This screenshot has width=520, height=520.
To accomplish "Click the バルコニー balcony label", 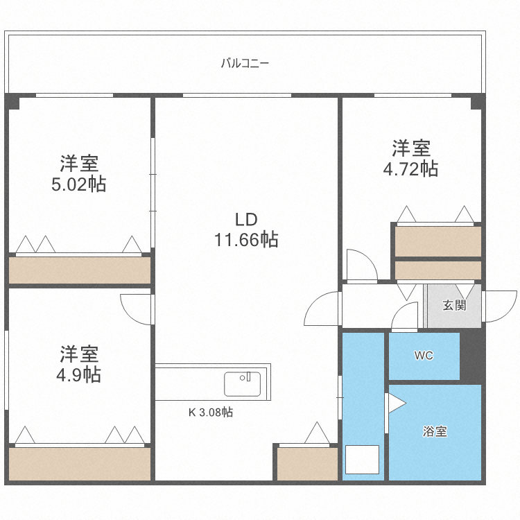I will (245, 63).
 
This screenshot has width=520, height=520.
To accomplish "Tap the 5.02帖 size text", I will (79, 185).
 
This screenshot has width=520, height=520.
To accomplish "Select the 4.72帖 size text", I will (411, 168).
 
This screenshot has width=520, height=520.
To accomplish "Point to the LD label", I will (246, 220).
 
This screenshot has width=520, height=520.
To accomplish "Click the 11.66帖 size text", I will (246, 241).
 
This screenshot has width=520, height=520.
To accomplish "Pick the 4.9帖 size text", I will (79, 375).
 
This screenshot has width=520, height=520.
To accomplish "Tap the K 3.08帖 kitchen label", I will (211, 412).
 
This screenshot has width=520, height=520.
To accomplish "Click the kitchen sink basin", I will (242, 384).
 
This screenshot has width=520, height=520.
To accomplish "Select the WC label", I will (424, 356).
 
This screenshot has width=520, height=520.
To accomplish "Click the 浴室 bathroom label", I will (435, 431).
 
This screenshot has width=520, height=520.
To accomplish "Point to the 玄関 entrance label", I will (454, 305).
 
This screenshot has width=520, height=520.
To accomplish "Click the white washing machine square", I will (362, 460).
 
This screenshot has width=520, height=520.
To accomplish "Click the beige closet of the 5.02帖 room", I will (80, 270).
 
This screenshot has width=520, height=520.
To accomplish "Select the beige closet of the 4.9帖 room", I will (80, 462).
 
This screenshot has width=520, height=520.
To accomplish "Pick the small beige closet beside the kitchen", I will (307, 463).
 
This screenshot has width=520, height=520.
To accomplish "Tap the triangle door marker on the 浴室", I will (395, 403).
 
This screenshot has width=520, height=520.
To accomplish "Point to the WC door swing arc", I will (404, 319).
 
